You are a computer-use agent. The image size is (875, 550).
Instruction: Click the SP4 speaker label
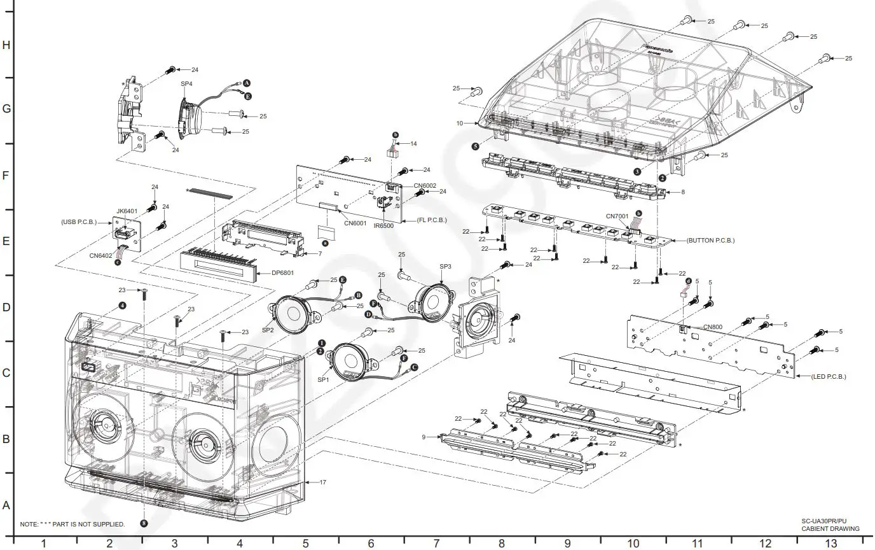coord(186,84)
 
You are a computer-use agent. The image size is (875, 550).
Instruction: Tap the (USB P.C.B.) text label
coord(79,222)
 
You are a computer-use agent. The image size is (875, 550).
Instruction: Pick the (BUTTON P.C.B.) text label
coord(710,241)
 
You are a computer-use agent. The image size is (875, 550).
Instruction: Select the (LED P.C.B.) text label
coord(829,376)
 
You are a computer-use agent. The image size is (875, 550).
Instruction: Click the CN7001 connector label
coord(617,216)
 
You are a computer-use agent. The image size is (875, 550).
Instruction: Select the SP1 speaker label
coord(322,380)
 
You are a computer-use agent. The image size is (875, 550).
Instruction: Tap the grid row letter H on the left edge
coord(6,45)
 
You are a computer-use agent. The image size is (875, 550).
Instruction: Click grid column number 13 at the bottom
coord(830,543)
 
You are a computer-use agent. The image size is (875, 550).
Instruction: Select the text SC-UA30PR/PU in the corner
coord(823,521)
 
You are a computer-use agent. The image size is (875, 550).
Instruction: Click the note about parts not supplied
coord(72,524)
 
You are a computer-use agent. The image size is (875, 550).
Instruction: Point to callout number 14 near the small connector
coord(413,144)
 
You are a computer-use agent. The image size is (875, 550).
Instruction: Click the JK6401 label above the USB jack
coord(127,211)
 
